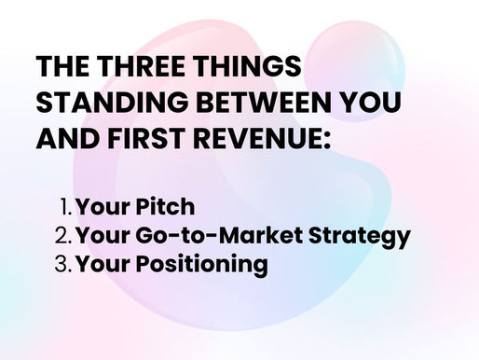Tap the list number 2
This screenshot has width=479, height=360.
62,235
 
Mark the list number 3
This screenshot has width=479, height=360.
62,265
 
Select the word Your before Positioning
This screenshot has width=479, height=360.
103,265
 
